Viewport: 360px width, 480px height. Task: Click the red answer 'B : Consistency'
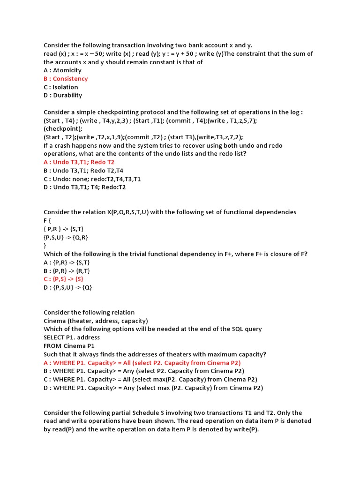tap(66, 79)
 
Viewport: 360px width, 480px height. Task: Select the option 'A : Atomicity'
tap(62, 70)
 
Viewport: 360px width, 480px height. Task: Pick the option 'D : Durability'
tap(63, 95)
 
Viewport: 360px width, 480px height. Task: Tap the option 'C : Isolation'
tap(61, 87)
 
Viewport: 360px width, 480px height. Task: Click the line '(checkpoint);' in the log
tap(63, 128)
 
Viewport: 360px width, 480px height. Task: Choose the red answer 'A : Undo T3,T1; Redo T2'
tap(79, 162)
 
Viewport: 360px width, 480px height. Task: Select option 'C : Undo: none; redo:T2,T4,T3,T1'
tap(92, 179)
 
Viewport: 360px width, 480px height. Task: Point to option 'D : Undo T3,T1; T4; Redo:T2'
tap(84, 187)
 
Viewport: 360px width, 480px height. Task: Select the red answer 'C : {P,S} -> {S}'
tap(63, 279)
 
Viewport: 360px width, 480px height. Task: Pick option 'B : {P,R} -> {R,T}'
tap(67, 270)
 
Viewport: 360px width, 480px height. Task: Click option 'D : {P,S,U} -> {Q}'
tap(68, 287)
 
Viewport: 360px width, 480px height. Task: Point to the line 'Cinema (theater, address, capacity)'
tap(96, 321)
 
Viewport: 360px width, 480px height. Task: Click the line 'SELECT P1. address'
tap(72, 337)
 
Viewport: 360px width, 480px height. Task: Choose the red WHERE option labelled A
tap(142, 362)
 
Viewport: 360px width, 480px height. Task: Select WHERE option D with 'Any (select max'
tap(153, 388)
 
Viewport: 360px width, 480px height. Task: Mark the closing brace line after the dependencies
tap(45, 246)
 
